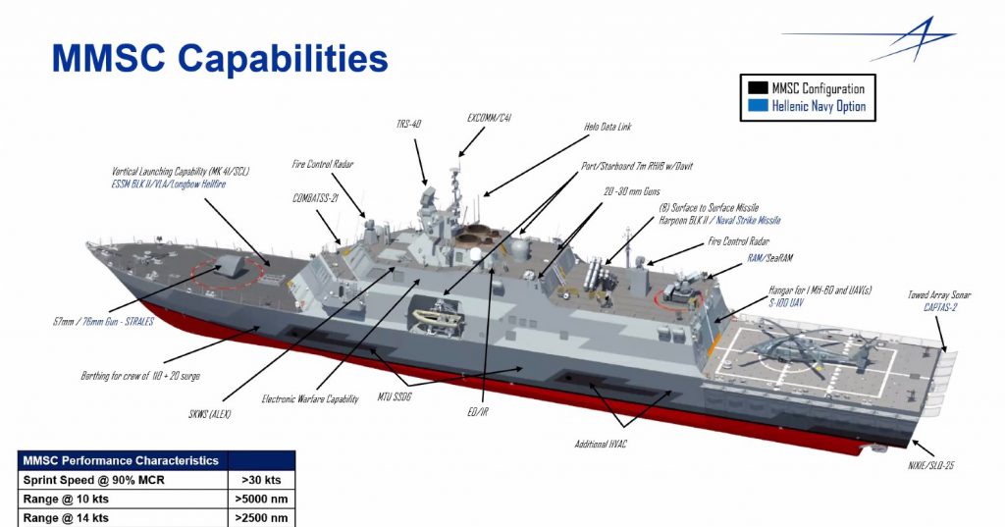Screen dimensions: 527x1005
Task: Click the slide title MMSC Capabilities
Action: coord(220,59)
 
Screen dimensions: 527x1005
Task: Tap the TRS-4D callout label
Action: coord(409,125)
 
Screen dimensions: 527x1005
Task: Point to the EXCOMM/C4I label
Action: coord(488,118)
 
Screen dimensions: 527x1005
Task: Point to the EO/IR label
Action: coord(477,412)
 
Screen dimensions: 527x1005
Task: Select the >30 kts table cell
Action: coord(260,479)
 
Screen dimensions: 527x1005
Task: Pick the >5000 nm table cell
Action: coord(260,499)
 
